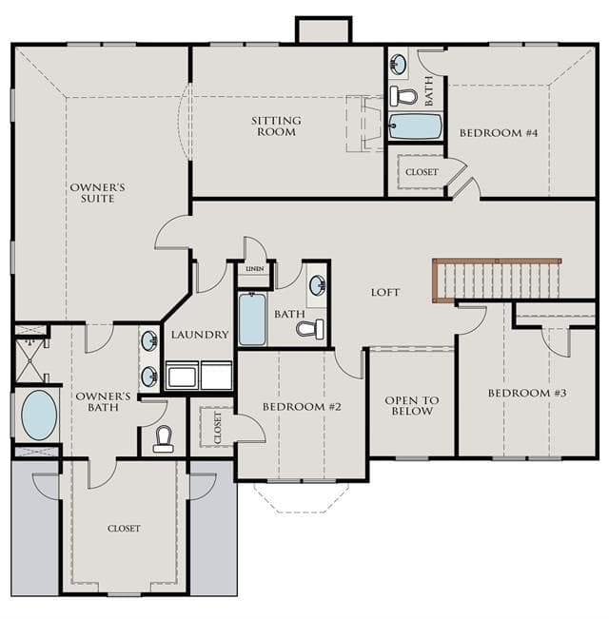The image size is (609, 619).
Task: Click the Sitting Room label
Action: coord(276,126)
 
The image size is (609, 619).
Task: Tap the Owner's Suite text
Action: coord(98,193)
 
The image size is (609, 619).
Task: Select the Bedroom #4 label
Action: coord(499,133)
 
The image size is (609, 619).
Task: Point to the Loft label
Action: coord(385,292)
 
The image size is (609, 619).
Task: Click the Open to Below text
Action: coord(412,405)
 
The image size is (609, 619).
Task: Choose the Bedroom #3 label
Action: coord(527,393)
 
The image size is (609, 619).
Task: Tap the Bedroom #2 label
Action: coord(302,407)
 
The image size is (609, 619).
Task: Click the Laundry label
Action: coord(200,335)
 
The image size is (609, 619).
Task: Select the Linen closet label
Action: coord(255,269)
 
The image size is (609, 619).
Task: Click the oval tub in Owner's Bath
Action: coord(39,415)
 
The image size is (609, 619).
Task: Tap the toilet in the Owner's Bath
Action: coord(164,439)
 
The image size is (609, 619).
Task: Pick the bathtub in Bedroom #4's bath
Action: coord(415,126)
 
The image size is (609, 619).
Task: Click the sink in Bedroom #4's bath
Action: coord(398,63)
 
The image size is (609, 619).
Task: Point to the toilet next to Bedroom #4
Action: coord(403,96)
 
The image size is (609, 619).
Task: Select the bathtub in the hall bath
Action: coord(252,319)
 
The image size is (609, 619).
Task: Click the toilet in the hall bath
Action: coord(309,329)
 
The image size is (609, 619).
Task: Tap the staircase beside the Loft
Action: coord(497,280)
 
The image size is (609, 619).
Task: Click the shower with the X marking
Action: coord(30,360)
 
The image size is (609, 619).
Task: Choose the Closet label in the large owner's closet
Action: coord(124,529)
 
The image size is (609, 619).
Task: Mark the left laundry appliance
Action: coord(182,375)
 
